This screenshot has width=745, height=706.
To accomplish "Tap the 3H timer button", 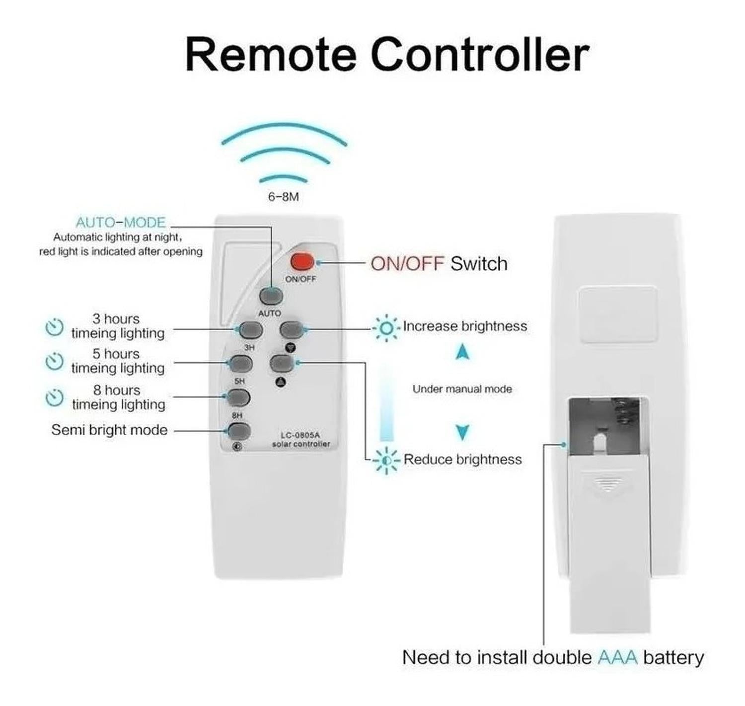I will tap(251, 329).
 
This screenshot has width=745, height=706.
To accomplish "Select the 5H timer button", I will tap(240, 364).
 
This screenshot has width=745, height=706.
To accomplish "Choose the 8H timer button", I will tap(238, 397).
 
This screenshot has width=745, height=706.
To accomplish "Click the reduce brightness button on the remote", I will tap(281, 363).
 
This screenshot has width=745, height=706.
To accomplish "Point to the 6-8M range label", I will tap(284, 197).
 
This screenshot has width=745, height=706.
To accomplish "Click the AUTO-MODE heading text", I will tap(121, 222).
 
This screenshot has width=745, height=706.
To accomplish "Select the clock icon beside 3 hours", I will tap(54, 327).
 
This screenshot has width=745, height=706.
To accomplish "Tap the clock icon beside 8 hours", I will tap(54, 398).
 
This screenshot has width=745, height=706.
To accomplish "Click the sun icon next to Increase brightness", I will tap(386, 328).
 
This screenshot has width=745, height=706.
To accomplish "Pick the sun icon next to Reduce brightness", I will tap(386, 461).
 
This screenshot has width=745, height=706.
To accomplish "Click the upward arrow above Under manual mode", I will tap(462, 352).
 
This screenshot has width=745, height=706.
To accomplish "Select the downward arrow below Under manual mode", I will tap(462, 432).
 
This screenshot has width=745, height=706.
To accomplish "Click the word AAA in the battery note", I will tap(617, 657).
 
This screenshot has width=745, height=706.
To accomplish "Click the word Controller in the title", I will tap(480, 54).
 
